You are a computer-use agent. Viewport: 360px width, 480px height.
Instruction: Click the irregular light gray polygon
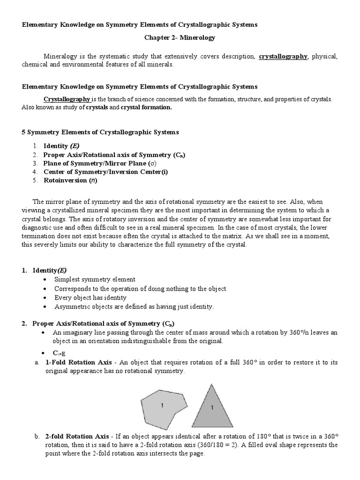164,406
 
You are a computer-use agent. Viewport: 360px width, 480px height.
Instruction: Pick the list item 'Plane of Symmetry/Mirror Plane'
99,163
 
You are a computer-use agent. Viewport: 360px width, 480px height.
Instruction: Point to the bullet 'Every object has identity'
90,298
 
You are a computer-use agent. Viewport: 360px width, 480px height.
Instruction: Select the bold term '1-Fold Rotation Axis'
78,362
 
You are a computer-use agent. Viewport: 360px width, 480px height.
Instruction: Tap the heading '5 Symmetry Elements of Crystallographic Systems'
100,133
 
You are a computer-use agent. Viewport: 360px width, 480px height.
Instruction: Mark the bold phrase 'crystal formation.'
146,107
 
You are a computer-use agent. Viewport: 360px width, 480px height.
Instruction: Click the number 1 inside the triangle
211,408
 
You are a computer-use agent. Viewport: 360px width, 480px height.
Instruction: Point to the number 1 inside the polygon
162,405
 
